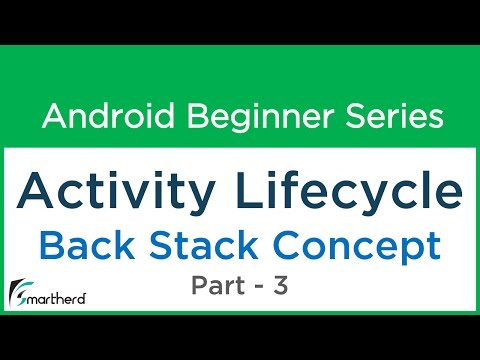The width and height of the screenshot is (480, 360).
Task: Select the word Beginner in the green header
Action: click(x=239, y=117)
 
